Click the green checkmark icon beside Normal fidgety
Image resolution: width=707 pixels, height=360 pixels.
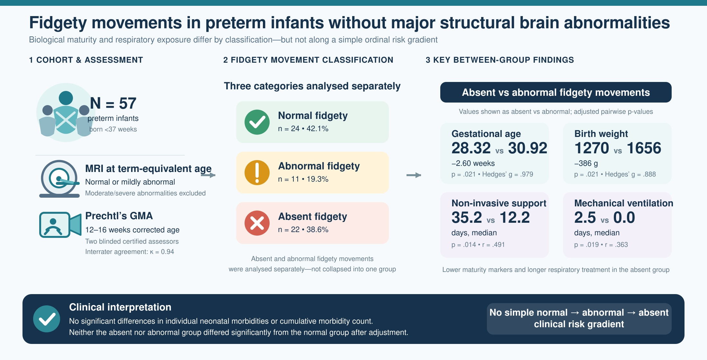pos(257,122)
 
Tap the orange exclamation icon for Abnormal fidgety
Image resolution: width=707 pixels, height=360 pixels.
pos(257,173)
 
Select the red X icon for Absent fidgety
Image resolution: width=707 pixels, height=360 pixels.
pos(257,223)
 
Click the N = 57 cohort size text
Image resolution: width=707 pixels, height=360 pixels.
pos(113,103)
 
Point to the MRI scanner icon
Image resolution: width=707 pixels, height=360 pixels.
pos(59,179)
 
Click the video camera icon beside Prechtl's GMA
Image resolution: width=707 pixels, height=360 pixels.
pos(60,225)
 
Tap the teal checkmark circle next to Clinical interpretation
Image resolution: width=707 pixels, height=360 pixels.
pos(47,319)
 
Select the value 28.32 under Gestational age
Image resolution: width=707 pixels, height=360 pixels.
pos(471,148)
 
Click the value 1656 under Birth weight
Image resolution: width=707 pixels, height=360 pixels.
pos(644,148)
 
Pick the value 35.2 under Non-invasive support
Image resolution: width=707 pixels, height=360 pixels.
pos(467,217)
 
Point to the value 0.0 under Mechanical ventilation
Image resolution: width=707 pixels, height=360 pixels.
pos(624,217)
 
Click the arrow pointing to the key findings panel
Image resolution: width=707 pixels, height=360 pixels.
pos(414,175)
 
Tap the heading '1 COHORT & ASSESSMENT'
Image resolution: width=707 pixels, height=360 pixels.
pos(86,60)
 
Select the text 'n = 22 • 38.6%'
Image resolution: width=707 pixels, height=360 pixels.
pos(303,230)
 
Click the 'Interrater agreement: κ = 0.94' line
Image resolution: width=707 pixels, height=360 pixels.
pos(130,252)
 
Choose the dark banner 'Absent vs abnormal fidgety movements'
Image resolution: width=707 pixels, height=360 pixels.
pos(556,92)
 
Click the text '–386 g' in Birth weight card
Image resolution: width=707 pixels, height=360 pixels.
pos(586,163)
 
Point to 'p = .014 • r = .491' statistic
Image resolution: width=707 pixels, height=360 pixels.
pos(478,245)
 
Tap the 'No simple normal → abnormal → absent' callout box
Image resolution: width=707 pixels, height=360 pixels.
pos(579,319)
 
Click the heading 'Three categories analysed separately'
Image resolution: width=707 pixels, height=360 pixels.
pos(312,86)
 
